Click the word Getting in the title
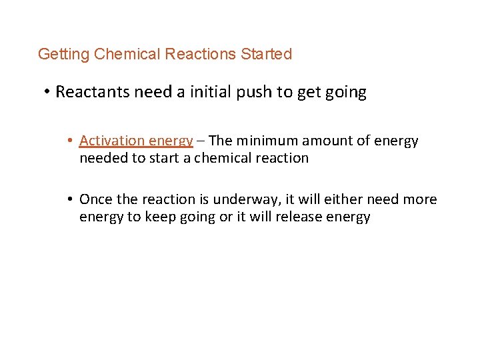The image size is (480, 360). click(64, 54)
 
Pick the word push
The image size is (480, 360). click(251, 92)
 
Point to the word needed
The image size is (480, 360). click(100, 158)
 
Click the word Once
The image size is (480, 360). click(96, 199)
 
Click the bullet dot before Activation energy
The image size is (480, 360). click(70, 141)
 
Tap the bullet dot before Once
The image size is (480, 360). click(70, 199)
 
